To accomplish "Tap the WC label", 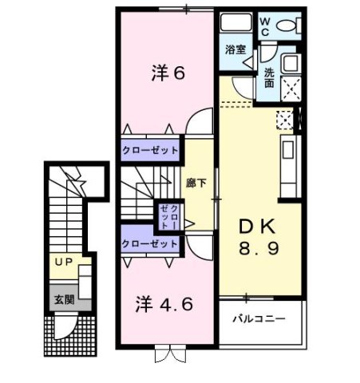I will pyautogui.click(x=264, y=26).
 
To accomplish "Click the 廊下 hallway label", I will pyautogui.click(x=196, y=182).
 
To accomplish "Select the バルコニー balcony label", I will pyautogui.click(x=259, y=318).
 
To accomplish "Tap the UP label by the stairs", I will pyautogui.click(x=62, y=261).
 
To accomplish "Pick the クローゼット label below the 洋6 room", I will pyautogui.click(x=149, y=149).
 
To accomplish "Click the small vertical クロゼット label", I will pyautogui.click(x=168, y=215).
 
